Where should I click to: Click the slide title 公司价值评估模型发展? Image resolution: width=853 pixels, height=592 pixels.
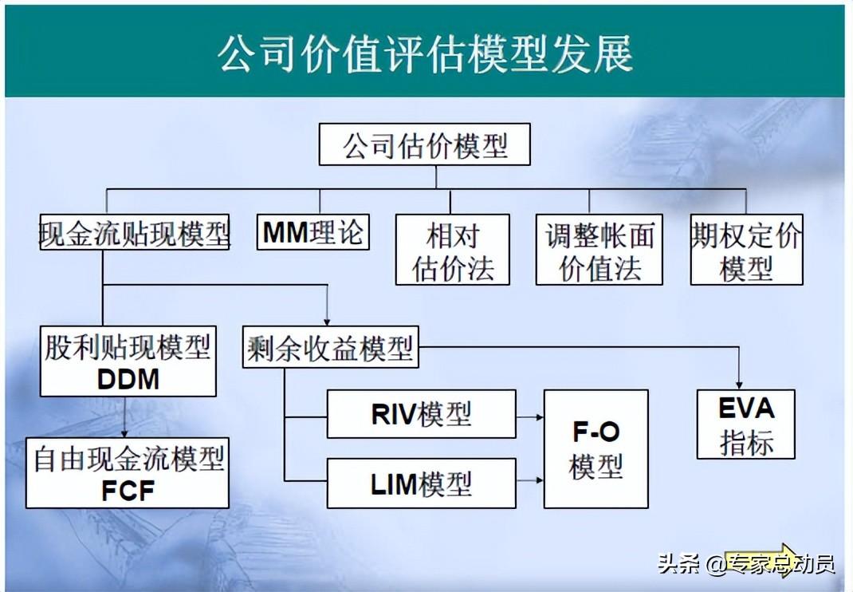(x=425, y=53)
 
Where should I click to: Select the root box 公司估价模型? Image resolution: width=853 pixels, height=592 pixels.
(x=424, y=144)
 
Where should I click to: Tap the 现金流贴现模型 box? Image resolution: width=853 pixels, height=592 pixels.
(x=135, y=232)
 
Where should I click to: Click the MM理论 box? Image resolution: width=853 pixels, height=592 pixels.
(x=313, y=232)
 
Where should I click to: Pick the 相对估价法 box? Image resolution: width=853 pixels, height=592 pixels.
(x=453, y=250)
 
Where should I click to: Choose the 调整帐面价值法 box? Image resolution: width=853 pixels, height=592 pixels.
(x=599, y=250)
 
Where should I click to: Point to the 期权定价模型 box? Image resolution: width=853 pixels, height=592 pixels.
(x=746, y=250)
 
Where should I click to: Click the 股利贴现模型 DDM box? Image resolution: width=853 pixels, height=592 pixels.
(x=128, y=361)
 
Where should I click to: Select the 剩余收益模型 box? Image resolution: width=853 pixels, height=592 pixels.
(x=330, y=347)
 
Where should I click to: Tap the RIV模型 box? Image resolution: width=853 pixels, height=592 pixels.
(x=421, y=414)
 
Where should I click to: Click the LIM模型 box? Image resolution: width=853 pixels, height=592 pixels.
(x=421, y=483)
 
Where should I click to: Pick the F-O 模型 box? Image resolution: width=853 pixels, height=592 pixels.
(x=596, y=448)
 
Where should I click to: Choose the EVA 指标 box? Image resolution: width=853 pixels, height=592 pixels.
(x=746, y=424)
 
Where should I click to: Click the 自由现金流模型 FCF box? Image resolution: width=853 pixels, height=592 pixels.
(x=128, y=473)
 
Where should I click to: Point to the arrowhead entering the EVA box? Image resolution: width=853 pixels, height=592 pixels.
(x=739, y=385)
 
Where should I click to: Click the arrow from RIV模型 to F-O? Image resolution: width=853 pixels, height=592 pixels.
(x=530, y=418)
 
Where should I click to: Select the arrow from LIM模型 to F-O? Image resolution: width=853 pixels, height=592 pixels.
(x=530, y=480)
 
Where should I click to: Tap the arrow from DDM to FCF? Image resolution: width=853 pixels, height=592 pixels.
(x=124, y=417)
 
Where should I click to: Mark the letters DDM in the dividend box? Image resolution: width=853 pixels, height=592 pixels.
(x=128, y=380)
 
